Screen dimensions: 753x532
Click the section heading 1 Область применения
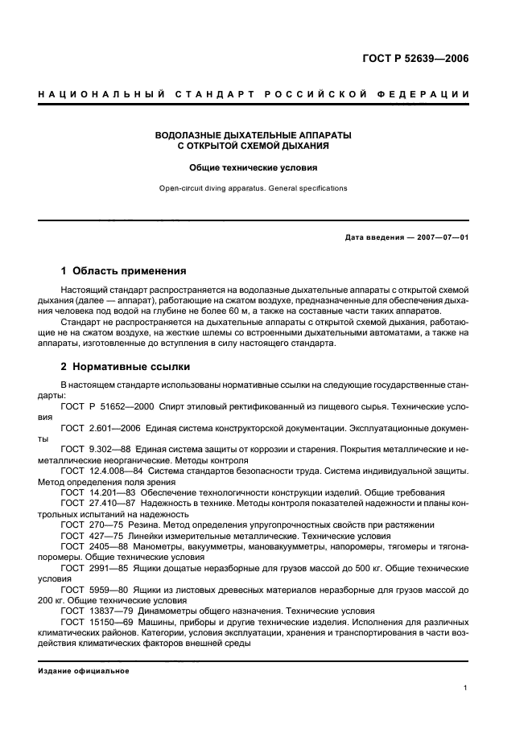(x=124, y=271)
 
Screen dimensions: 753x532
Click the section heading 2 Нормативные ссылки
(x=126, y=366)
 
